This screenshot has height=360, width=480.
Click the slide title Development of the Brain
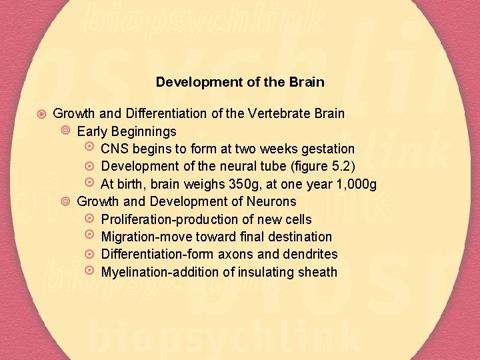pyautogui.click(x=240, y=83)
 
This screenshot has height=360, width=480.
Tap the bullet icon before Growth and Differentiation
pyautogui.click(x=41, y=113)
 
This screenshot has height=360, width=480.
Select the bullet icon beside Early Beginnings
pyautogui.click(x=65, y=131)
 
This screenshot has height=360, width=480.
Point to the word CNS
pyautogui.click(x=114, y=149)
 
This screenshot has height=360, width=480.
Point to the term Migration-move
pyautogui.click(x=141, y=237)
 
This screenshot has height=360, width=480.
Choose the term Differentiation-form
pyautogui.click(x=153, y=255)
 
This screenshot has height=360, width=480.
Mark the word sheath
pyautogui.click(x=317, y=272)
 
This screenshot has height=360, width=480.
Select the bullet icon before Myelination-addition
pyautogui.click(x=90, y=271)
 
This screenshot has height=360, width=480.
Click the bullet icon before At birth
pyautogui.click(x=90, y=183)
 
